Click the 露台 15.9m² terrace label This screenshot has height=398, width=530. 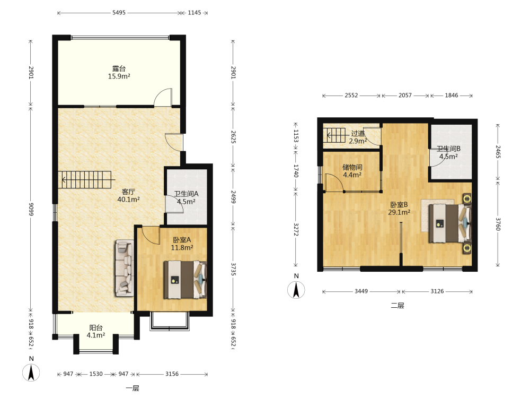119,72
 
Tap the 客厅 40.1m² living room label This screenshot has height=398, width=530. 128,196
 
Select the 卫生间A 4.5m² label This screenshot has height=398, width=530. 186,197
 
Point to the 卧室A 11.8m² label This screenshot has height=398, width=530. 182,244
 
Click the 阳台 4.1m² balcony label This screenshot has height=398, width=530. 95,331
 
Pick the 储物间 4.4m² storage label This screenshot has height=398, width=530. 352,171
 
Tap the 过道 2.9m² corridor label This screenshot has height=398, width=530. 358,137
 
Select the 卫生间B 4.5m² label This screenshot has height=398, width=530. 448,153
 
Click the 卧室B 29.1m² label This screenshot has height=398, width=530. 399,209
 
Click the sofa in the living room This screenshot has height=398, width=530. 125,268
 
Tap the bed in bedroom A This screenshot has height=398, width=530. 185,280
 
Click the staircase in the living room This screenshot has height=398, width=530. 86,180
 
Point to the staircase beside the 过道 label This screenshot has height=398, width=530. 335,136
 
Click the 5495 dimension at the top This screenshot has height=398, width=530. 119,13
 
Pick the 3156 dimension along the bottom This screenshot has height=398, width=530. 172,374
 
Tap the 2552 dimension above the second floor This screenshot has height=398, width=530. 351,96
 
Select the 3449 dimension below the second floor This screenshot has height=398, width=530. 361,291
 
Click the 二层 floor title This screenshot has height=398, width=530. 397,306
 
